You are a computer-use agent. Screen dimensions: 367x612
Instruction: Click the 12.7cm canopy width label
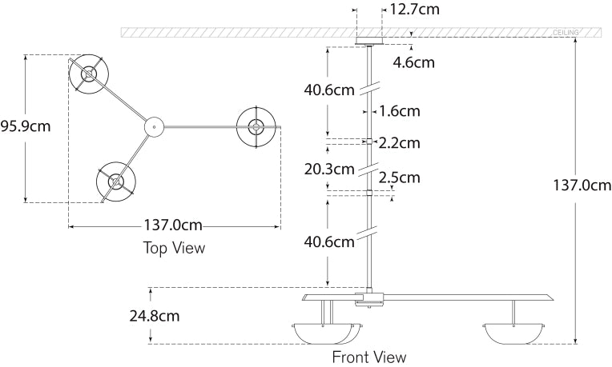click(x=416, y=10)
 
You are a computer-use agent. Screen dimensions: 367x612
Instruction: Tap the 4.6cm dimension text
click(x=413, y=62)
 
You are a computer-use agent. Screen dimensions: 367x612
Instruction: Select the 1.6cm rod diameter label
click(x=399, y=111)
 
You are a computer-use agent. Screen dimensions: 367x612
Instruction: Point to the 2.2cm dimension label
click(x=399, y=143)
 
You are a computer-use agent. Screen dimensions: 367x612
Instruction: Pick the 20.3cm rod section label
click(x=328, y=169)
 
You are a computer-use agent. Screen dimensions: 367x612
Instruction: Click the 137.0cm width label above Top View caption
click(x=174, y=226)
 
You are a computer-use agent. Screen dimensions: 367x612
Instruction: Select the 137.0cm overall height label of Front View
click(x=581, y=185)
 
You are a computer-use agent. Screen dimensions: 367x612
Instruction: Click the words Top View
click(x=174, y=248)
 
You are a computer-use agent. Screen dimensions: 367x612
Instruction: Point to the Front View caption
click(x=369, y=357)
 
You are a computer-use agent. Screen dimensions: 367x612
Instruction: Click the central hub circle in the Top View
click(x=153, y=126)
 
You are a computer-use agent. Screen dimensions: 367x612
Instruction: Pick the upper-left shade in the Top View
click(x=87, y=75)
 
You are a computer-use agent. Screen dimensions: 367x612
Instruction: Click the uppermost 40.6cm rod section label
click(x=328, y=90)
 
